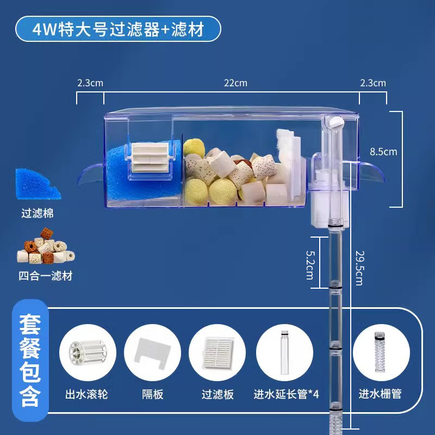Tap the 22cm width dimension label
[x=235, y=83]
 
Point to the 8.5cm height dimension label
[x=383, y=152]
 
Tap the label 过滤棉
[x=38, y=213]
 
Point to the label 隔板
[x=152, y=394]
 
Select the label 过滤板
[x=217, y=394]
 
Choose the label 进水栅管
[x=380, y=394]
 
